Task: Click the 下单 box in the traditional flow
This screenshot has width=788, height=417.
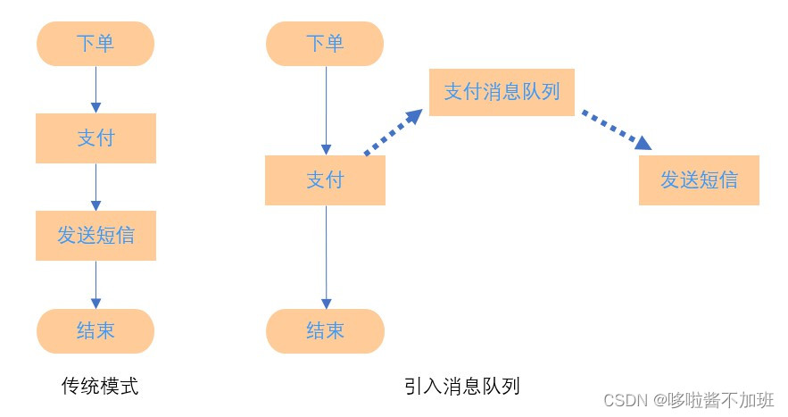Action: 95,44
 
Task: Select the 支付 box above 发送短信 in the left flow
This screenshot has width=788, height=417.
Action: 95,138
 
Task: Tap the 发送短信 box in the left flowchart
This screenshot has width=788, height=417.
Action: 95,235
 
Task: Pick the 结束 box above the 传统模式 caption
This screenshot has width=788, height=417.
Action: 95,331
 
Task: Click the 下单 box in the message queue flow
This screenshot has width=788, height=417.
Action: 325,44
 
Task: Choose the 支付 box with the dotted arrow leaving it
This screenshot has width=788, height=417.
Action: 325,180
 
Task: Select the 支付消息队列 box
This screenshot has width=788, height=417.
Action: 502,91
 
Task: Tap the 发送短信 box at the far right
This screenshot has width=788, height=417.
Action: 699,180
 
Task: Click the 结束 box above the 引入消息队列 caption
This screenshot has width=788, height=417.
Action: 325,331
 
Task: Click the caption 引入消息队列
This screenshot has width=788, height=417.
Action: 461,386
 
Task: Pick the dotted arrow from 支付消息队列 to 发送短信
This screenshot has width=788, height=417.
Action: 616,129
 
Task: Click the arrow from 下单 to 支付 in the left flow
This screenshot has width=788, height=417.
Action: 95,89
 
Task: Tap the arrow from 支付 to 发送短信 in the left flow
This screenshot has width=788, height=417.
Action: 95,187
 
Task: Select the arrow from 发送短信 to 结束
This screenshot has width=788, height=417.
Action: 95,284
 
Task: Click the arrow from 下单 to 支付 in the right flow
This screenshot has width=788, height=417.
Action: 325,110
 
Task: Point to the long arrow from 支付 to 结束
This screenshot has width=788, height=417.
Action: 325,257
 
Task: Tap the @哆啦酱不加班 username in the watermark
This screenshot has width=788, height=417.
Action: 714,399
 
